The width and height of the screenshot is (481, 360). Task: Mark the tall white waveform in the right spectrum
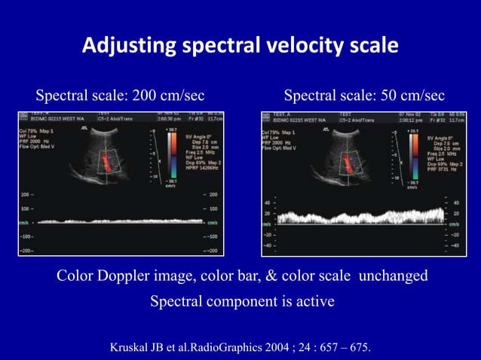(354, 216)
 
